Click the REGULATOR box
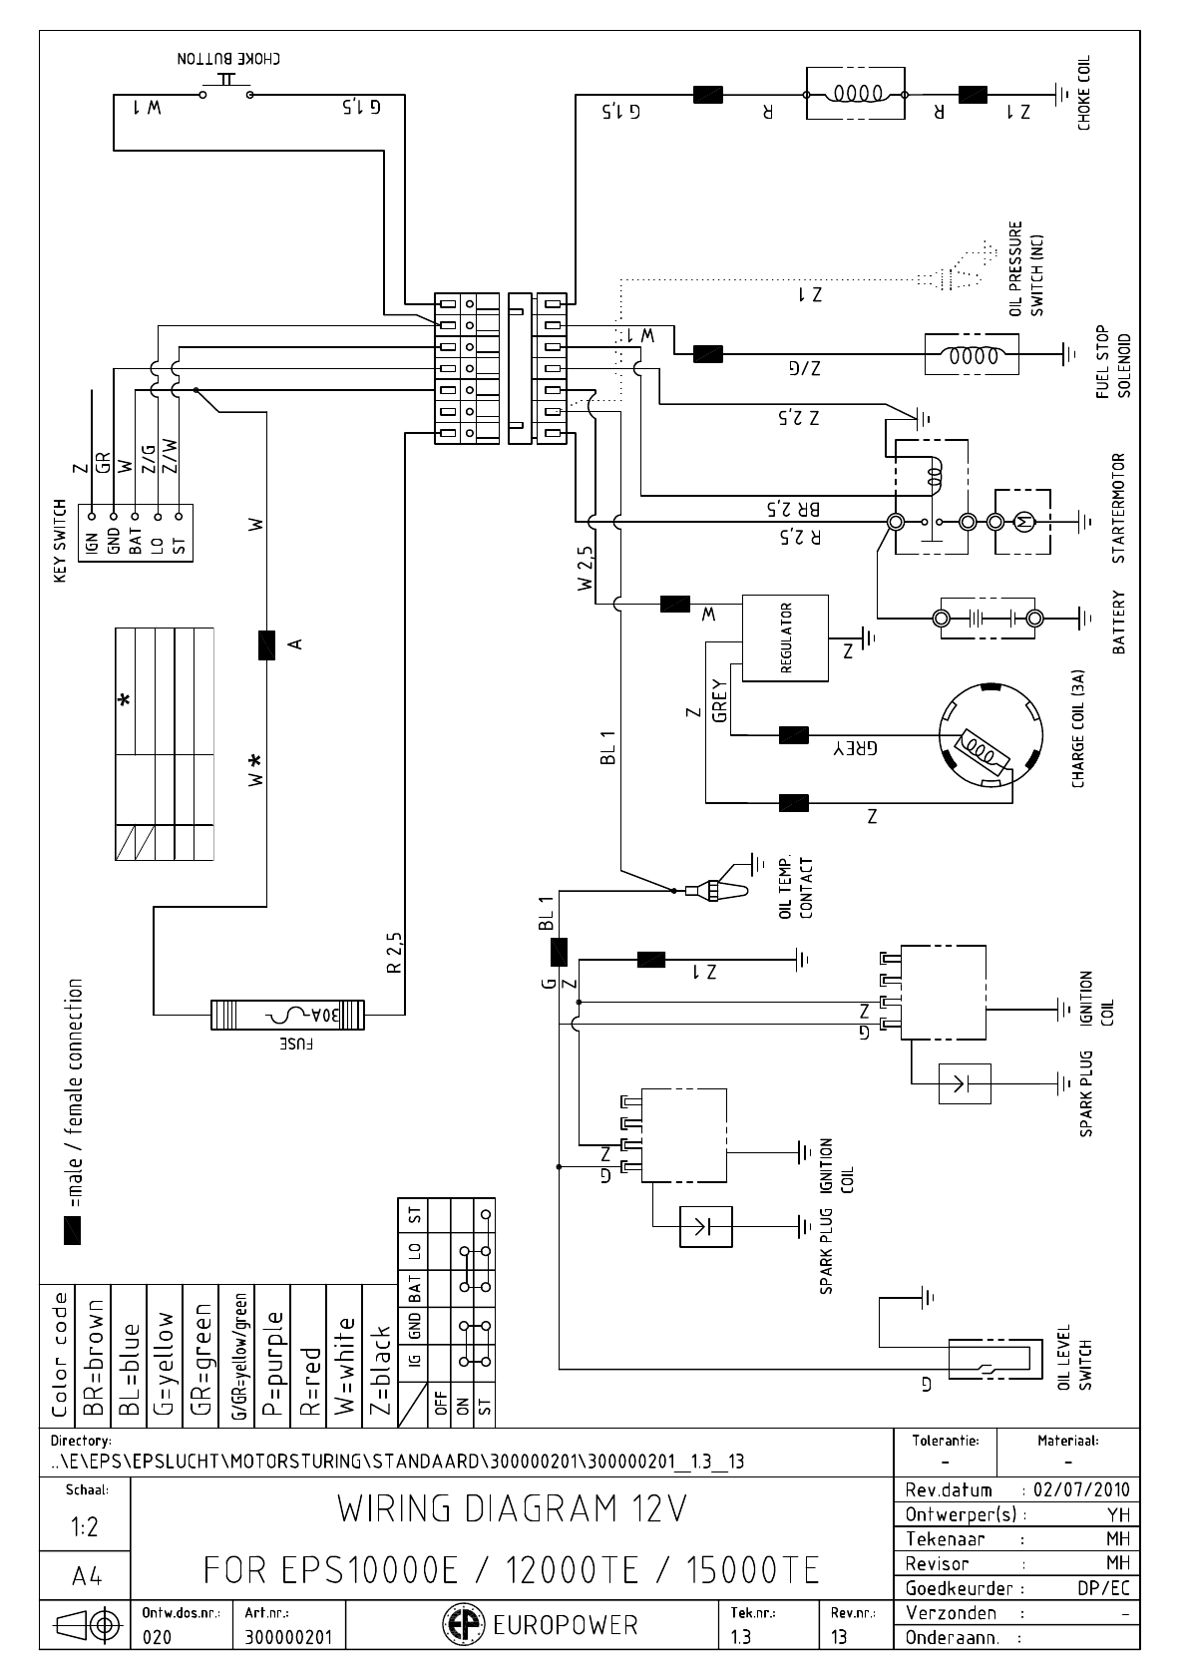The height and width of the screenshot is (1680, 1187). [785, 638]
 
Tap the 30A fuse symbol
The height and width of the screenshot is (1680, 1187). [288, 1015]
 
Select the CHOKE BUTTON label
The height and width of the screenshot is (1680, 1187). [228, 59]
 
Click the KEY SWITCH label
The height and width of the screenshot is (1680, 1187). [60, 542]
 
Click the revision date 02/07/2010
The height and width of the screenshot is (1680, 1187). [1081, 1489]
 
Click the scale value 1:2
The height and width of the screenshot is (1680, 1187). [84, 1527]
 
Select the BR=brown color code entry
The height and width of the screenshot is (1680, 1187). [95, 1358]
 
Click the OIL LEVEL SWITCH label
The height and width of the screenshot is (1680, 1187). [1074, 1358]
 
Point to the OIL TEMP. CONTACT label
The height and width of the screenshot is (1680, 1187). [798, 888]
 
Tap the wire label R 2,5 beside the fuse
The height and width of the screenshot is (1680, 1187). [394, 952]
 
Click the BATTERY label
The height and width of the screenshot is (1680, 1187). [1118, 623]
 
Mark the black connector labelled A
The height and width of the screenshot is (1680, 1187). [266, 645]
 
